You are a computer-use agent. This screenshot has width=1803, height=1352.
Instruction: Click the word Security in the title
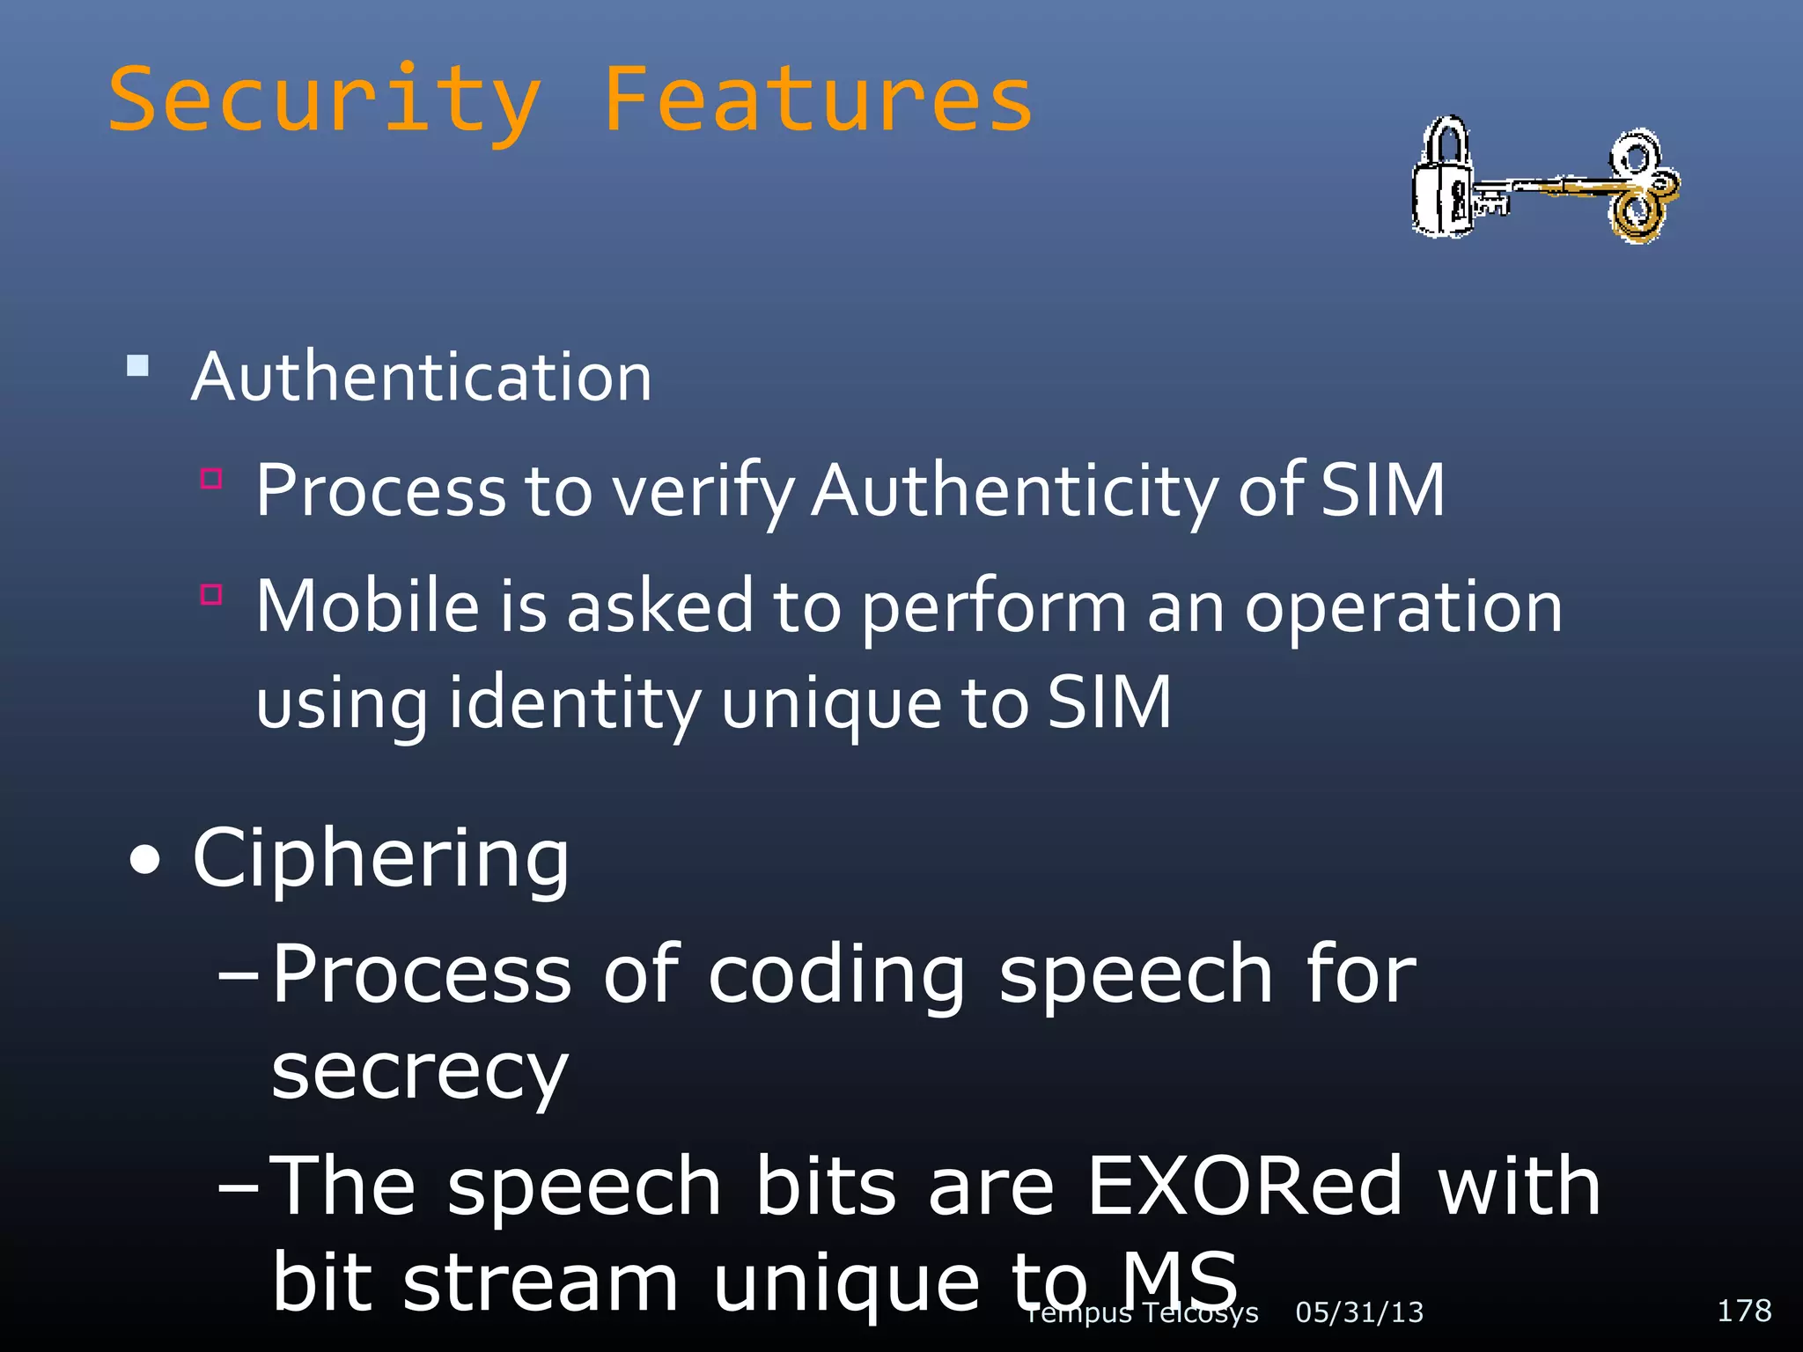click(x=323, y=101)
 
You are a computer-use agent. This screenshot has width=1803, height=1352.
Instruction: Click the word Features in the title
click(x=818, y=101)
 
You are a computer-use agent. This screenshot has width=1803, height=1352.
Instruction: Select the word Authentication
click(x=422, y=378)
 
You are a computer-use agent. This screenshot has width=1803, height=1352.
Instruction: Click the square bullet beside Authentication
click(x=138, y=364)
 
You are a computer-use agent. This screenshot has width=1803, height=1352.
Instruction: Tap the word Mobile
click(x=368, y=606)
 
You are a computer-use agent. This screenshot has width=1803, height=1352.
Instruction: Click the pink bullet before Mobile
click(x=211, y=594)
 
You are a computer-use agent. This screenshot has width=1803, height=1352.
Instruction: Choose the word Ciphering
click(x=380, y=859)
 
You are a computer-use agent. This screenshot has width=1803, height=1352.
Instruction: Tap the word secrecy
click(x=420, y=1073)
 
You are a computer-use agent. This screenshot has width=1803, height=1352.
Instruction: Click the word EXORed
click(x=1244, y=1186)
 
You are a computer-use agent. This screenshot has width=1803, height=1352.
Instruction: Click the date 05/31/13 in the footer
click(x=1359, y=1312)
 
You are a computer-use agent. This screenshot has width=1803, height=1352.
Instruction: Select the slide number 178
click(x=1744, y=1311)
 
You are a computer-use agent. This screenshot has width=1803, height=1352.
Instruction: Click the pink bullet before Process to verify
click(x=211, y=478)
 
